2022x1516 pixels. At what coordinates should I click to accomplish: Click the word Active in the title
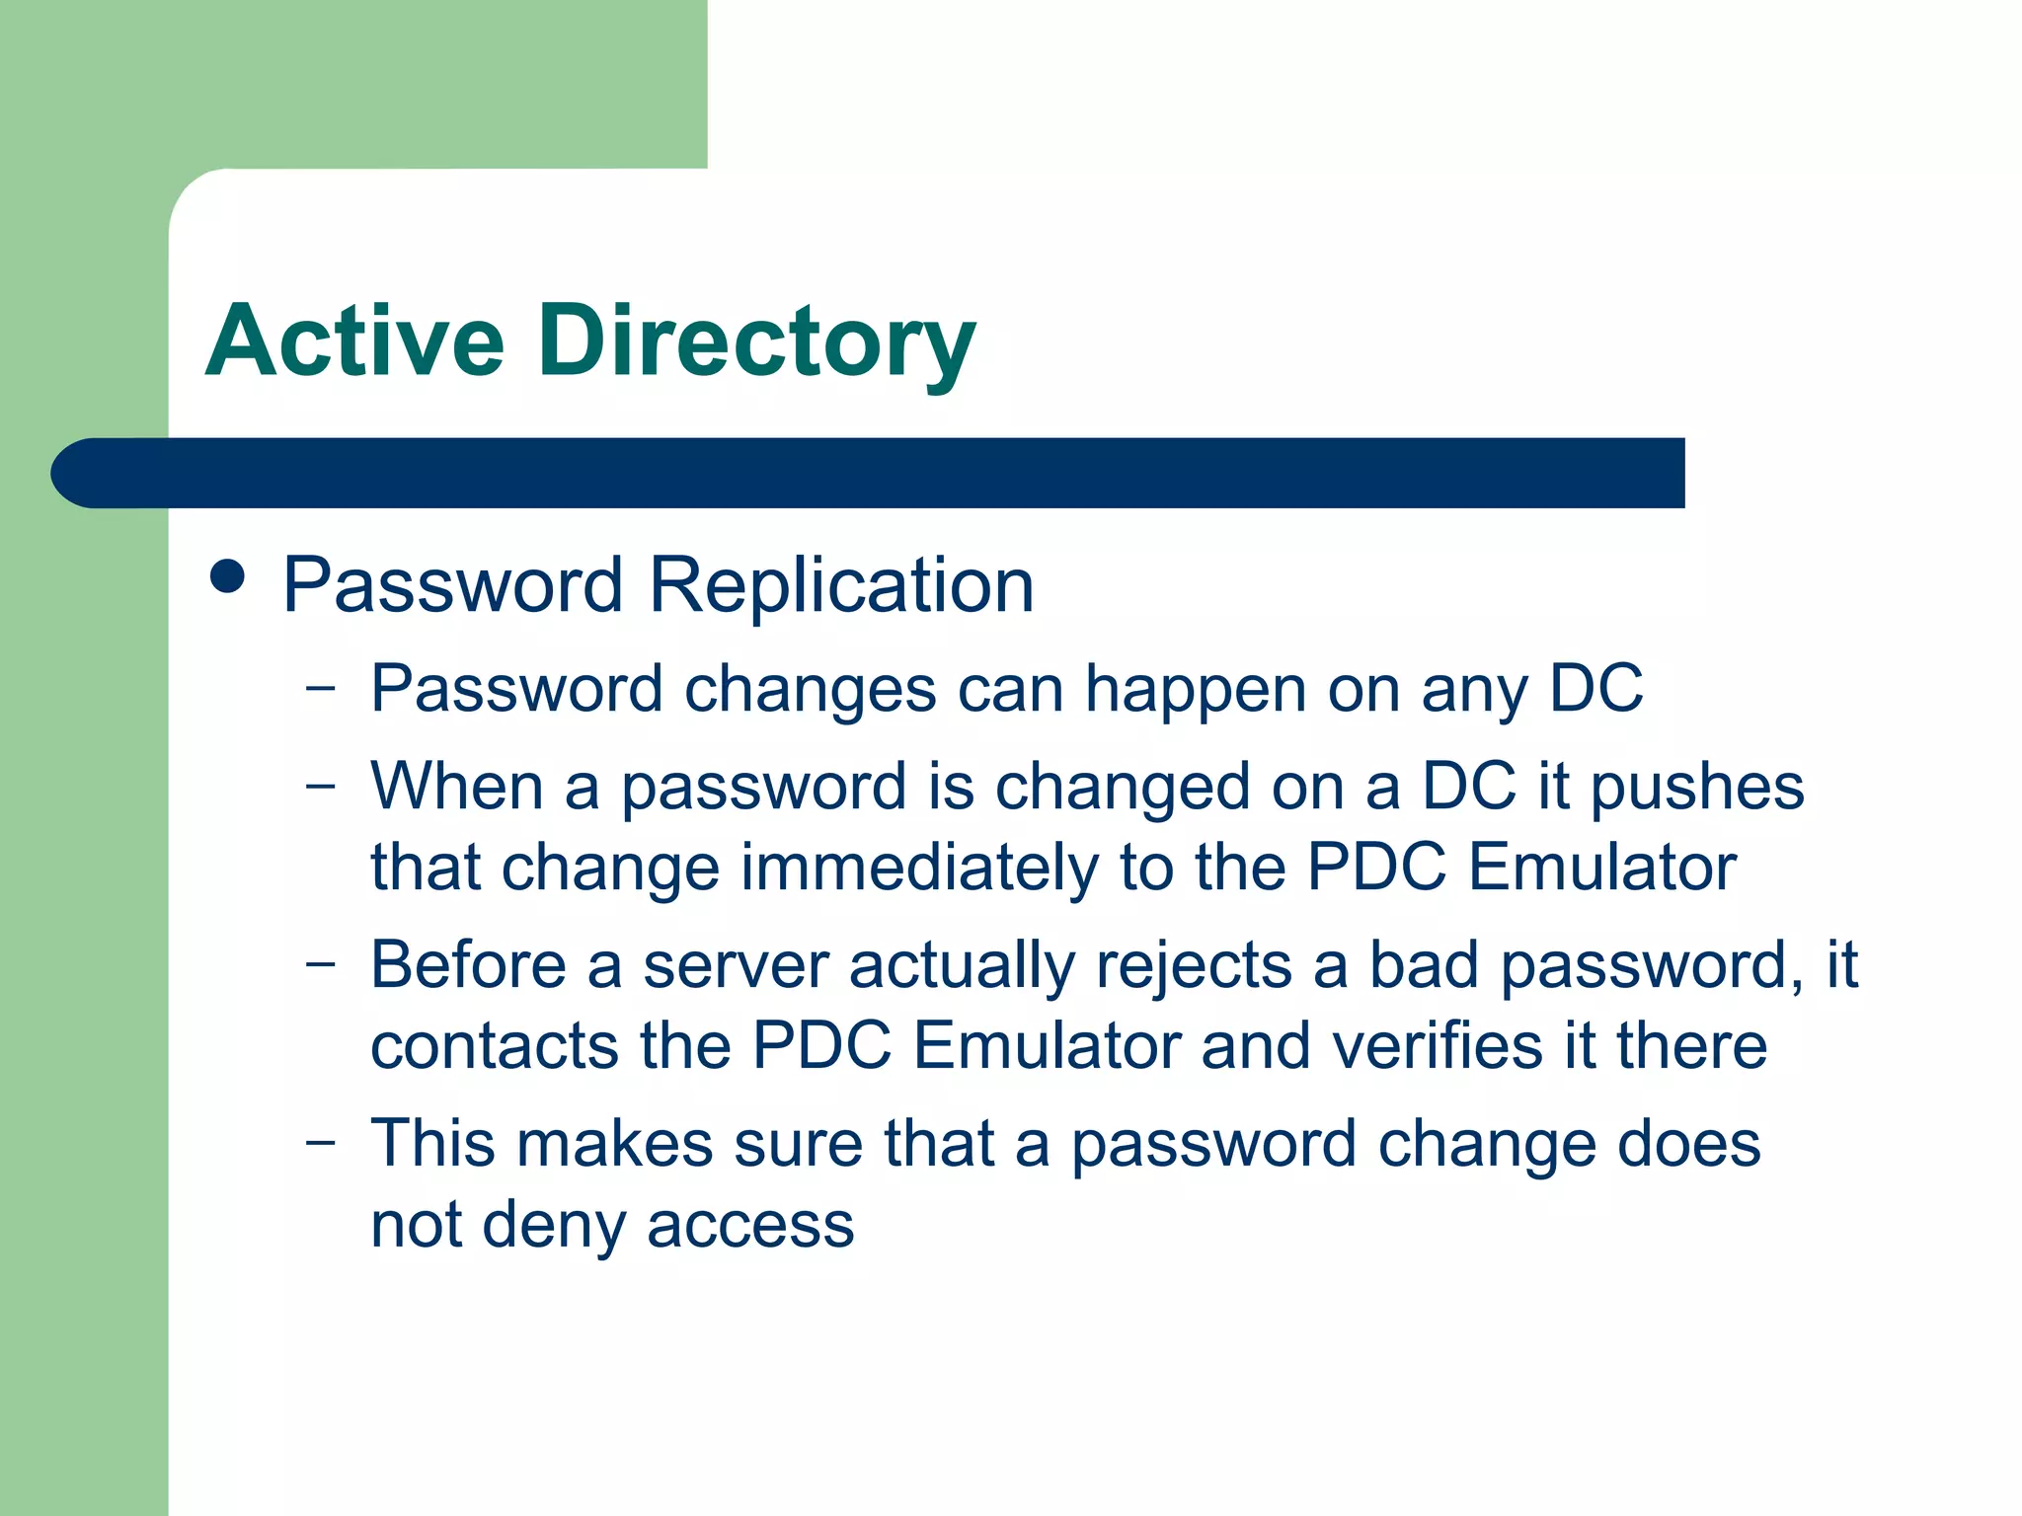tap(355, 341)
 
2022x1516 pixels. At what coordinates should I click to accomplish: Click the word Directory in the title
tap(756, 341)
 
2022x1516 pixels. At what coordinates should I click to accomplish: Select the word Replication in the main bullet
tap(841, 585)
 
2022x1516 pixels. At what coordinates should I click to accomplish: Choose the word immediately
tap(918, 868)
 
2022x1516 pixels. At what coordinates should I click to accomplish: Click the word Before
tap(468, 964)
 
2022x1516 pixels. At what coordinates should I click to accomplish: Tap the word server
tap(736, 964)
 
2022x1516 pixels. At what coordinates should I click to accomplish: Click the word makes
tap(614, 1144)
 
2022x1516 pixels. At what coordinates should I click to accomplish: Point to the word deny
tap(554, 1225)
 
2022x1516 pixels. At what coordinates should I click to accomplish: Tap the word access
tap(750, 1225)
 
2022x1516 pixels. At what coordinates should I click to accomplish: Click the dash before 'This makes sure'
tap(321, 1143)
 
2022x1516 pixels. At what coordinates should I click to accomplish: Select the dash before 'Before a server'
tap(321, 963)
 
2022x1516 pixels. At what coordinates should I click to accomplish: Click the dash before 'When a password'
tap(321, 786)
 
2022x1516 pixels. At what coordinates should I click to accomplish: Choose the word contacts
tap(494, 1045)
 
